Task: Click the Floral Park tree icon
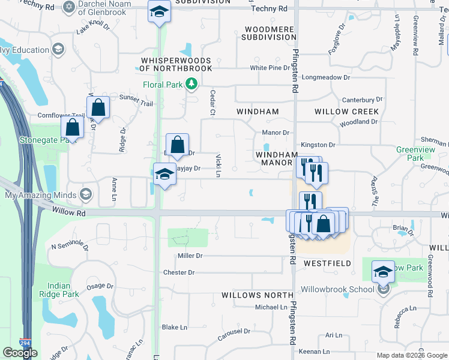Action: click(191, 85)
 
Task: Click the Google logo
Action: click(20, 353)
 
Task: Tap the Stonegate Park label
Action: click(58, 139)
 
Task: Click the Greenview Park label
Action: click(410, 154)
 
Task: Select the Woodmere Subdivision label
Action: click(269, 32)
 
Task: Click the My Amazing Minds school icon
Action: click(86, 194)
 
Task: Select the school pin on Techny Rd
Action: click(159, 12)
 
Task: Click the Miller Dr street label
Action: click(190, 256)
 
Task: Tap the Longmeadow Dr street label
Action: click(325, 77)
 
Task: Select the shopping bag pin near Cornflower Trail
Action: click(98, 109)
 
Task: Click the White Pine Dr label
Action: click(270, 68)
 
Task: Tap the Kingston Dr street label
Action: click(318, 145)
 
